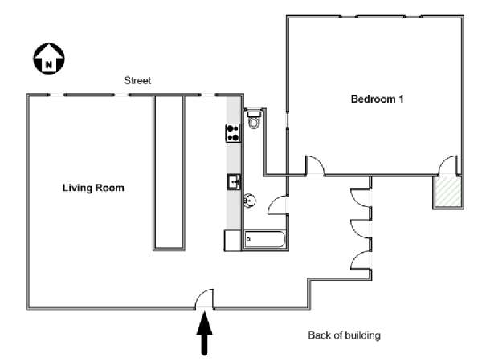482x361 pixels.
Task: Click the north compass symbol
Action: click(x=49, y=59)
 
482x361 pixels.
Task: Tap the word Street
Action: click(x=137, y=81)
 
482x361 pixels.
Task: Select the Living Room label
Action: click(x=93, y=188)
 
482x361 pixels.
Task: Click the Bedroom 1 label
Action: click(x=378, y=99)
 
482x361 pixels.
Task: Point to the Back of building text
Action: click(x=345, y=335)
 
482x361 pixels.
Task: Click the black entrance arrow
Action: click(x=204, y=333)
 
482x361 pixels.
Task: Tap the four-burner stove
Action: click(x=233, y=133)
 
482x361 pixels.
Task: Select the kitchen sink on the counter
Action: click(x=234, y=182)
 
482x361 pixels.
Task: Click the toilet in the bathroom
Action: click(x=254, y=120)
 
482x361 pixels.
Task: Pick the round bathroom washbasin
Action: click(x=250, y=201)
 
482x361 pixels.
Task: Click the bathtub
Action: click(x=265, y=239)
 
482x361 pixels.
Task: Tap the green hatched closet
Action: click(x=448, y=192)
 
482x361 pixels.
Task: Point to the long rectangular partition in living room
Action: click(x=169, y=172)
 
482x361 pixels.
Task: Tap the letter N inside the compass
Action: click(x=49, y=65)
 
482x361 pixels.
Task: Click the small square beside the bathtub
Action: click(x=233, y=241)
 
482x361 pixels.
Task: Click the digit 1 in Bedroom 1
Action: click(x=401, y=99)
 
